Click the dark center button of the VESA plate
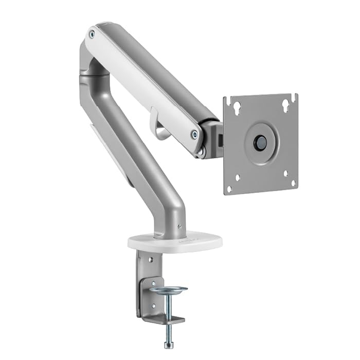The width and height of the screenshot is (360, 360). [x=261, y=143]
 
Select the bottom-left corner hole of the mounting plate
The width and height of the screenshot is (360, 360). [x=238, y=178]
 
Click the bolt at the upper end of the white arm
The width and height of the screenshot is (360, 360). [x=92, y=34]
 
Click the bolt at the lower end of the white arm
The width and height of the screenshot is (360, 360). [x=194, y=134]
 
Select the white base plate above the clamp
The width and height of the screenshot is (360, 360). [x=175, y=240]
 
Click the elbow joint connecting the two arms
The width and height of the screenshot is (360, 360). [x=93, y=72]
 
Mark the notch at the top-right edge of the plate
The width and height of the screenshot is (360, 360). [x=294, y=95]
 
